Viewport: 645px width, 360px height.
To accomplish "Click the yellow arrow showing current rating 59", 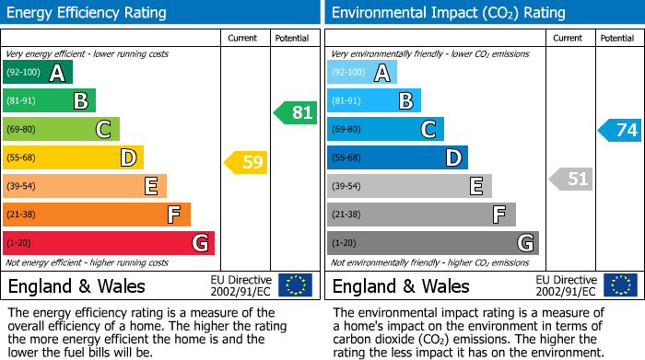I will coord(246,163).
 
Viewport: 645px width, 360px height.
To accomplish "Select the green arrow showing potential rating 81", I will coord(295,113).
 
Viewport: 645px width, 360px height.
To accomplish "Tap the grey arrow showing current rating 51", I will coord(570,179).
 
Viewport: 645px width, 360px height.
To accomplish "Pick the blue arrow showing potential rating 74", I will coord(620,130).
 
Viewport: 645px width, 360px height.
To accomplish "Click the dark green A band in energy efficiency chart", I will coord(38,73).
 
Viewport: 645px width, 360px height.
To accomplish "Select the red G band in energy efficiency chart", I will coord(109,243).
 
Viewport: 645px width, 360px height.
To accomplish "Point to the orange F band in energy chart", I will coord(97,215).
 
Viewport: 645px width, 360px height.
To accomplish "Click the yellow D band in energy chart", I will coord(74,158).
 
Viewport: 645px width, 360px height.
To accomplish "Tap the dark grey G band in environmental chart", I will coord(433,243).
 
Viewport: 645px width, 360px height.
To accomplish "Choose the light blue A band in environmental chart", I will coord(362,73).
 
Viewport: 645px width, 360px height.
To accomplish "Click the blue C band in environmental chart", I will coord(386,130).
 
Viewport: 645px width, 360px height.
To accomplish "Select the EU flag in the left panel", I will coord(295,285).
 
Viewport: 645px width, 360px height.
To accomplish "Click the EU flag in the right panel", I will coord(619,285).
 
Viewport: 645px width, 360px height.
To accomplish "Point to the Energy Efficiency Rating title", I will coord(88,13).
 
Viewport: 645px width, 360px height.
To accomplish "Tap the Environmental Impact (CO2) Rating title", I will coord(448,13).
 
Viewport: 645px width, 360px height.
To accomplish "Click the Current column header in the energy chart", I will coord(242,38).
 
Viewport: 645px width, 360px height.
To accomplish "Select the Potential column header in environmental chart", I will coord(616,38).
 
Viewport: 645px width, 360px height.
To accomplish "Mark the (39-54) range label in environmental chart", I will coord(346,187).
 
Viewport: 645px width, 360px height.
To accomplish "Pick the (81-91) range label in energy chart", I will coord(22,101).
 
